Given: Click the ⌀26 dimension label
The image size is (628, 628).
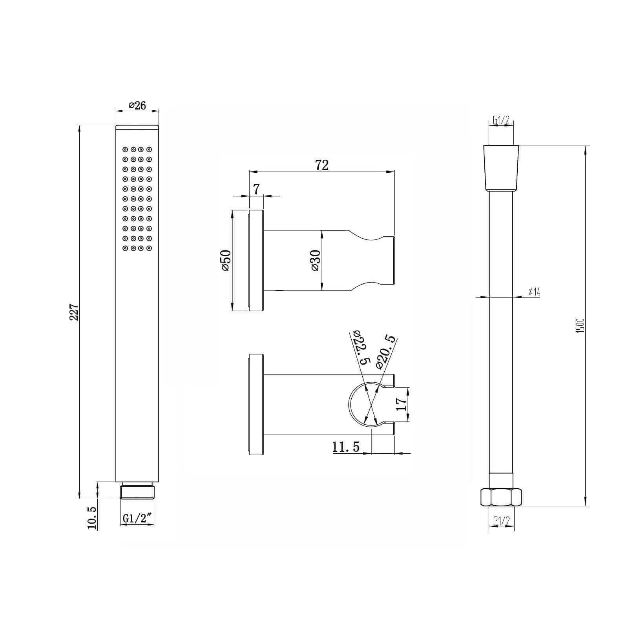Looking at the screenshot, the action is [x=137, y=105].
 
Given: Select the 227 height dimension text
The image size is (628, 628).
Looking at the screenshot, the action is [x=74, y=312].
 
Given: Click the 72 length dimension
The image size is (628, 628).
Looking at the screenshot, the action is [x=321, y=165].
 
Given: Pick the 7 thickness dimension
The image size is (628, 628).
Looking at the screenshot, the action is [x=256, y=189].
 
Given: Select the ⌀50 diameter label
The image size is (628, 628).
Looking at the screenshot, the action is [x=226, y=260].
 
